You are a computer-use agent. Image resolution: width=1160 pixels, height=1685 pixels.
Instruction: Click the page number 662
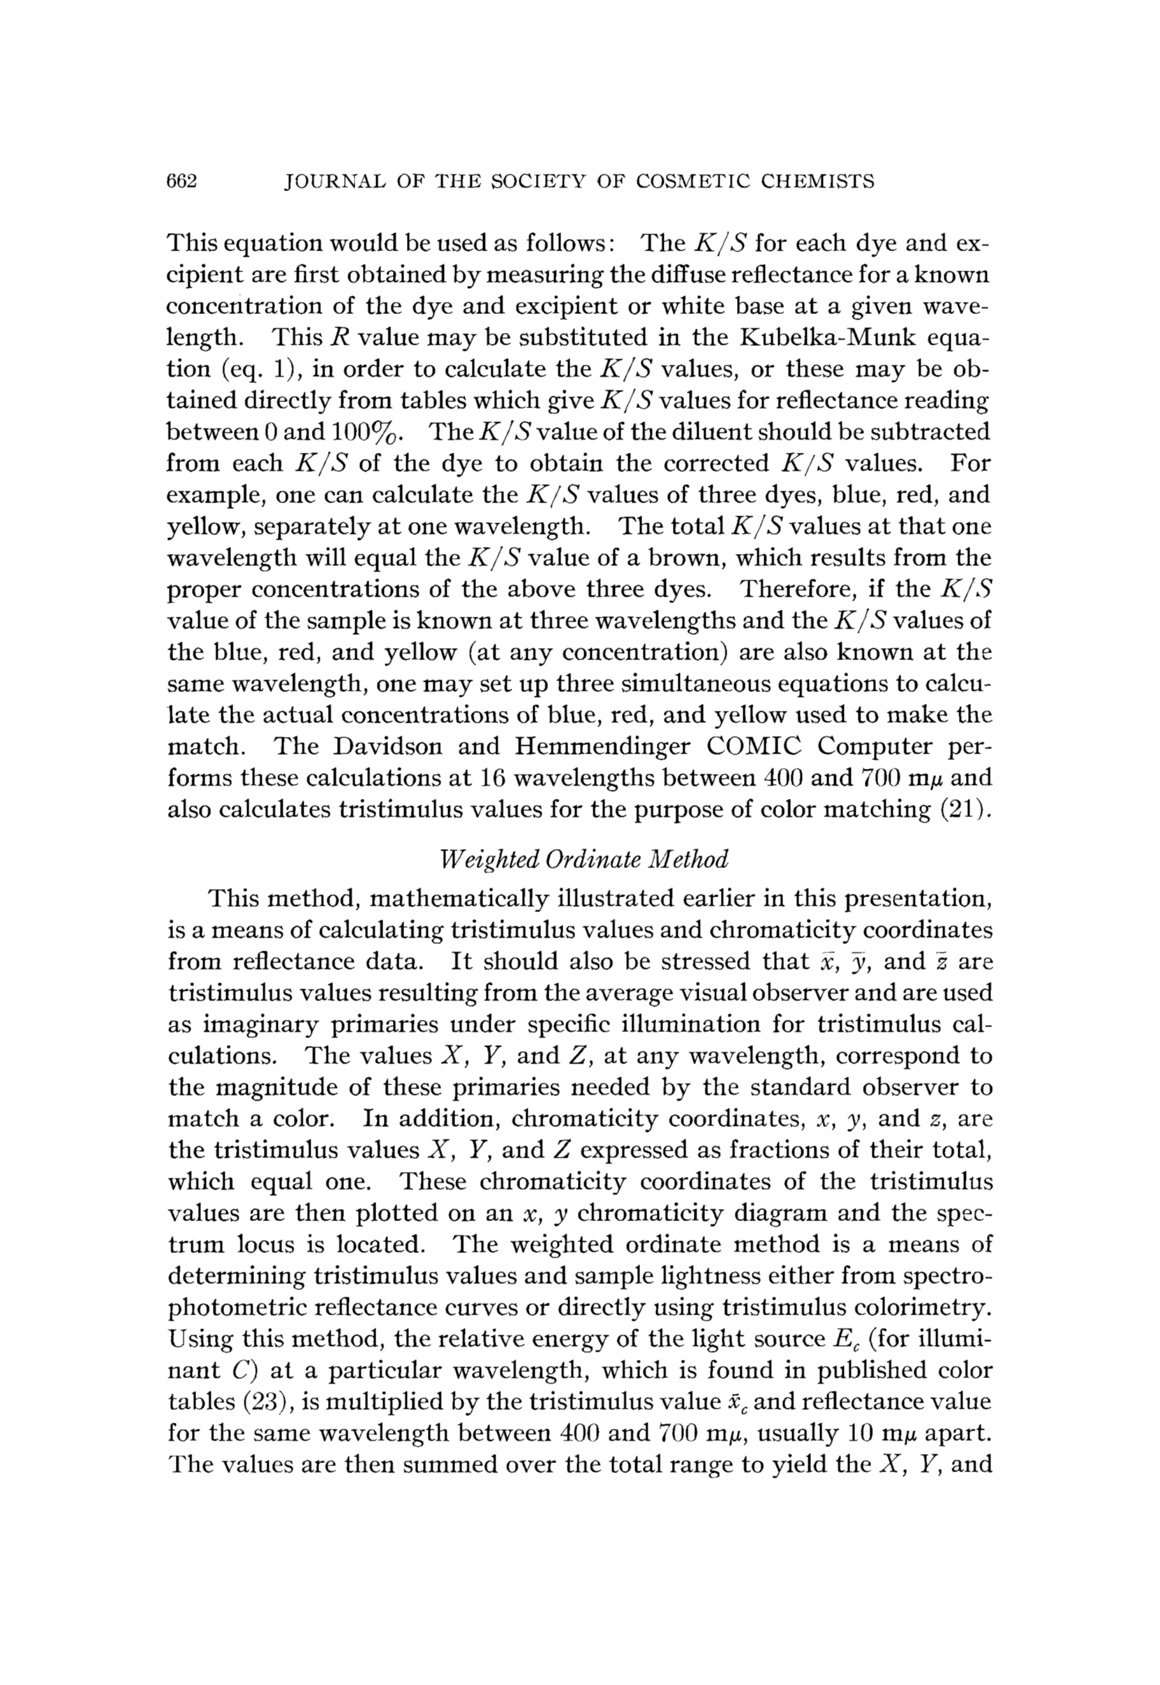[x=182, y=181]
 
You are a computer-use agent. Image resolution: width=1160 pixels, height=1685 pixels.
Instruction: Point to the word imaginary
[x=262, y=1025]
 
